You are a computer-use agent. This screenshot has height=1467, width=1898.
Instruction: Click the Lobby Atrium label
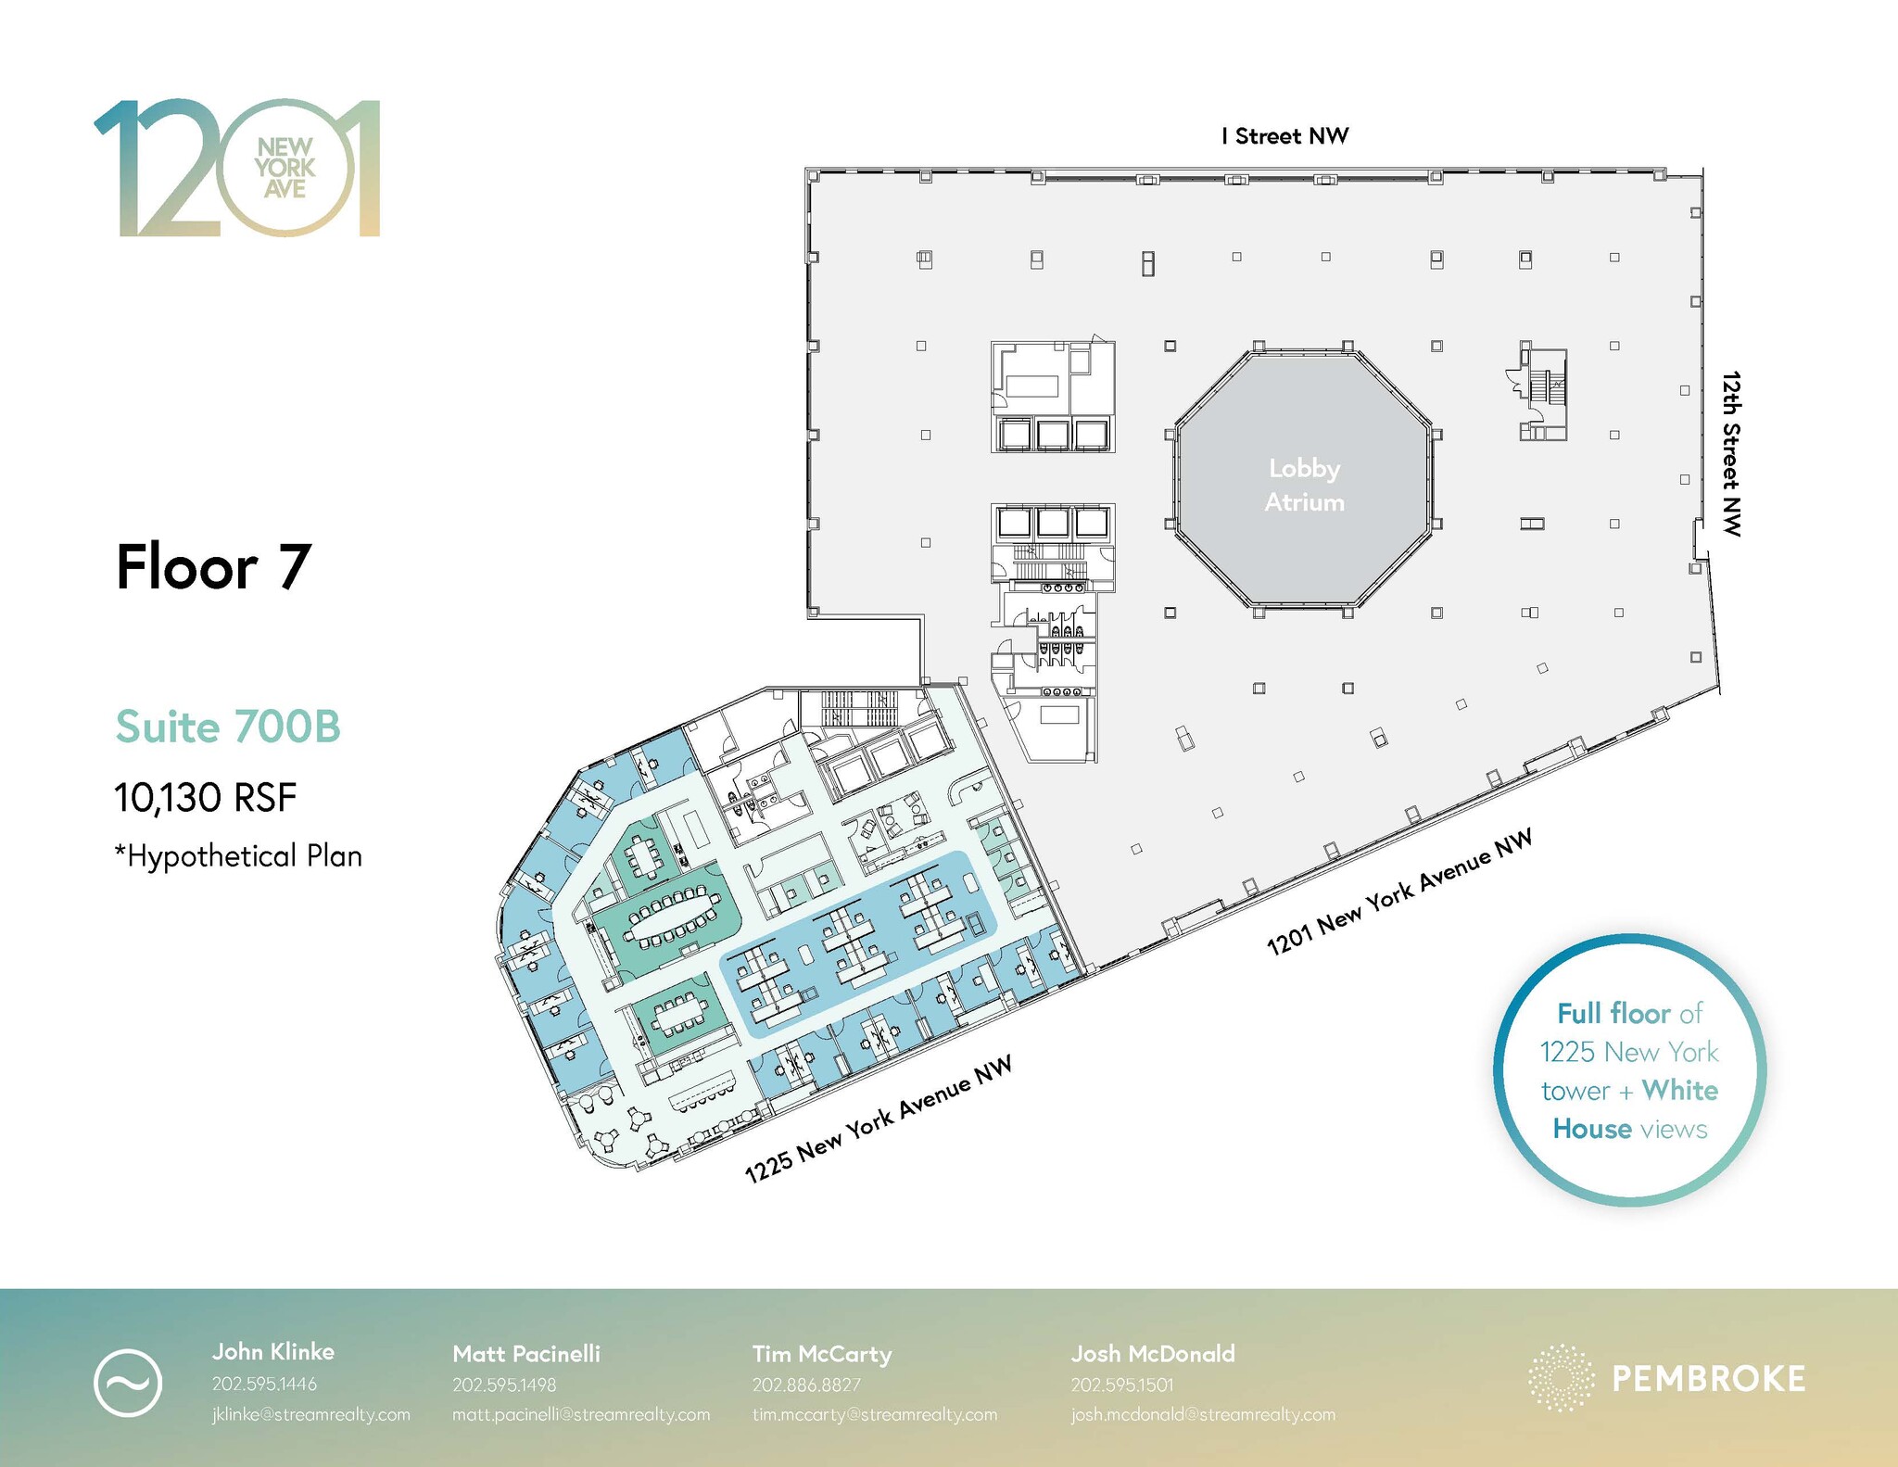1304,485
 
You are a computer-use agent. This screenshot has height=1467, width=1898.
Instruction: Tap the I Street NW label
1284,136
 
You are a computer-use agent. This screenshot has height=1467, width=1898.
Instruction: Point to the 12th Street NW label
1731,453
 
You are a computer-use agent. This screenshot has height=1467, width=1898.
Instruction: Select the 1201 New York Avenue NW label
1399,892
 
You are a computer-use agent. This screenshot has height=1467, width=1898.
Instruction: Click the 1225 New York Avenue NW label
878,1119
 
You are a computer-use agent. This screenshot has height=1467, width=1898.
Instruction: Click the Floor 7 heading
213,566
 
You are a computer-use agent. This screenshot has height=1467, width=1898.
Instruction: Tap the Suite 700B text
228,727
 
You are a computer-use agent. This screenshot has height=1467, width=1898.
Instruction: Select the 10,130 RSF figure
205,797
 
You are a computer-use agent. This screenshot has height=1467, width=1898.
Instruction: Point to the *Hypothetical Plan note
238,855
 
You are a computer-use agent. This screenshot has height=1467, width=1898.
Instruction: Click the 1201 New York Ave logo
237,168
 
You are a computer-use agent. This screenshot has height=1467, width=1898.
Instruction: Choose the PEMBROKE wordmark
1708,1379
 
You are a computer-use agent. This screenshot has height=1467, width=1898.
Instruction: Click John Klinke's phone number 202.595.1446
264,1384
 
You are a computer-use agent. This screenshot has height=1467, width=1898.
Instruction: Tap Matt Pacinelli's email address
581,1415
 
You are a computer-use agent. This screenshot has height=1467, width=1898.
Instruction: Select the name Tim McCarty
821,1354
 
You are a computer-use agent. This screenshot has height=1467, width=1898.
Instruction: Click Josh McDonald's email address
1203,1415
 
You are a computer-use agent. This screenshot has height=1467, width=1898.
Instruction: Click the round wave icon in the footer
128,1383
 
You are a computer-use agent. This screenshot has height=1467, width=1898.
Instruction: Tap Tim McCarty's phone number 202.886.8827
806,1385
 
